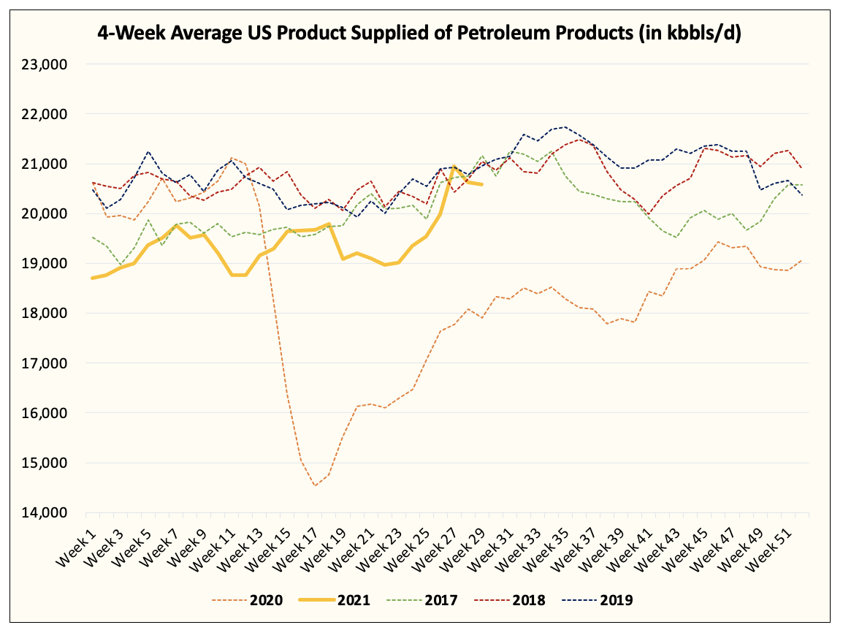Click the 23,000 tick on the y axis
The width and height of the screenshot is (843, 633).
tap(45, 64)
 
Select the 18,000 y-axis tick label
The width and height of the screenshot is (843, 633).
tap(45, 314)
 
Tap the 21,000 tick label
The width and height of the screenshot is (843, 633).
tap(45, 164)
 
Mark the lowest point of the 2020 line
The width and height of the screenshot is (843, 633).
tap(315, 486)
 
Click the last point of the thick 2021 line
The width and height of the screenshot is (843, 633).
tap(481, 184)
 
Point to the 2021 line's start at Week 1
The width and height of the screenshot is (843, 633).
tap(92, 278)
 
